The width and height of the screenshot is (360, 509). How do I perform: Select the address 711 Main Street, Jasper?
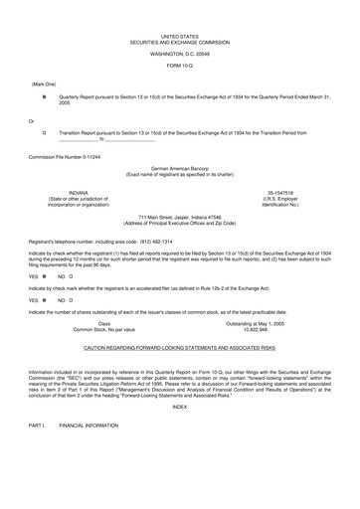pos(179,217)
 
